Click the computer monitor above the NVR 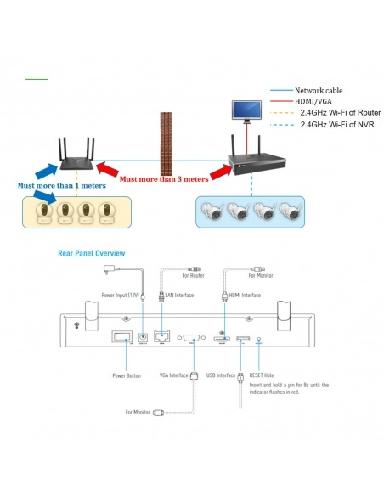[x=246, y=111]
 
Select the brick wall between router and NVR [x=166, y=144]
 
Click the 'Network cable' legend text [x=319, y=91]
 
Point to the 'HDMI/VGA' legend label [x=313, y=102]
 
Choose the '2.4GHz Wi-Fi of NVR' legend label [x=337, y=125]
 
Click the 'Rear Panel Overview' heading [x=92, y=253]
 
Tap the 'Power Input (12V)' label [x=120, y=295]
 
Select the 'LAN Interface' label [x=179, y=295]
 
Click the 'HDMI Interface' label [x=245, y=295]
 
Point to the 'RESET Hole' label [x=262, y=375]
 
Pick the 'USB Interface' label [x=221, y=375]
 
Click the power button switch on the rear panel [x=121, y=336]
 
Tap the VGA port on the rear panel [x=191, y=338]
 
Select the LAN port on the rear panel [x=162, y=336]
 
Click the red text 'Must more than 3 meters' [x=164, y=179]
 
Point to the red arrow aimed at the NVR [x=222, y=172]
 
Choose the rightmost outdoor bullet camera [x=290, y=211]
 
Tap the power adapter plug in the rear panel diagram [x=109, y=269]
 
